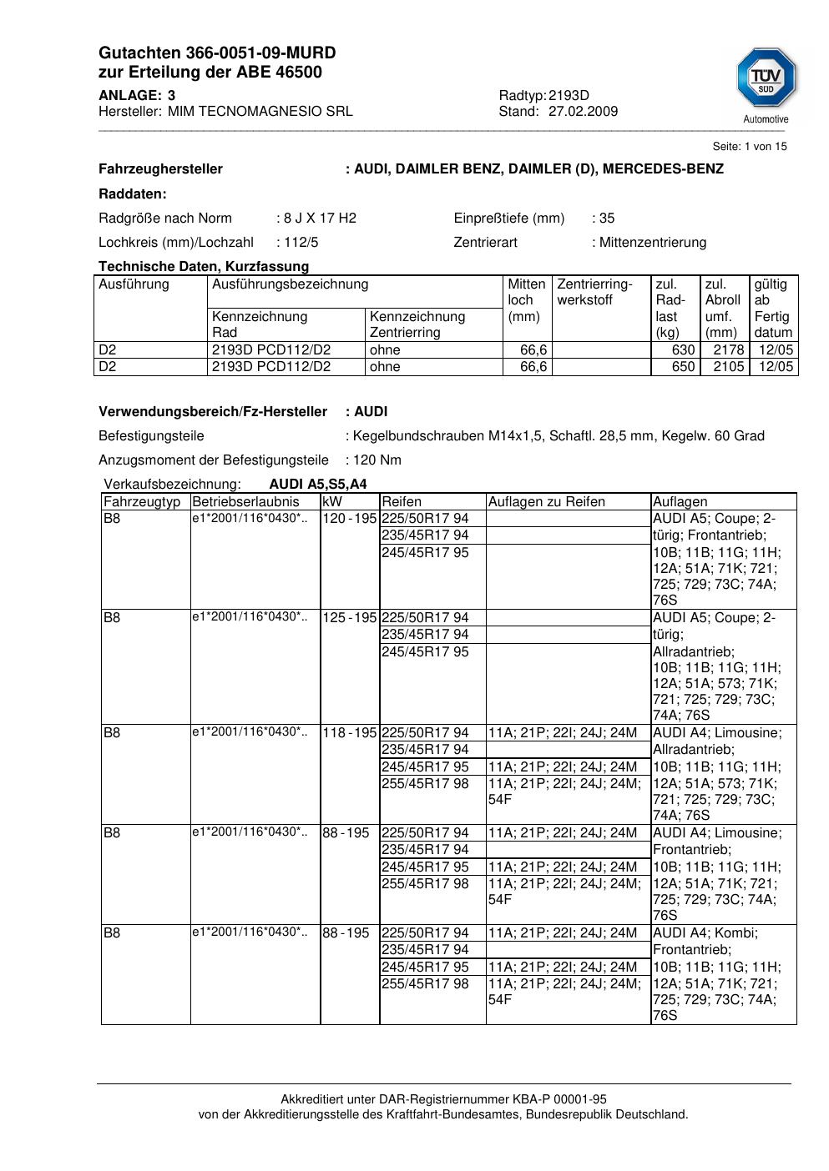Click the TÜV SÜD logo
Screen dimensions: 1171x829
[766, 78]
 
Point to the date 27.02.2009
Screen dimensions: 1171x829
[583, 111]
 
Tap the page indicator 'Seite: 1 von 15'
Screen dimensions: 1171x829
[749, 147]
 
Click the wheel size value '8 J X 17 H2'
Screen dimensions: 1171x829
[320, 219]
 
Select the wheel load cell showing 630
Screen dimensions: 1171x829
[683, 350]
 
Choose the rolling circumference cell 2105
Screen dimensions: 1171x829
[728, 367]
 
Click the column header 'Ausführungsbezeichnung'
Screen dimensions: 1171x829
[291, 284]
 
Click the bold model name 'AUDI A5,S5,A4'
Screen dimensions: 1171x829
[318, 485]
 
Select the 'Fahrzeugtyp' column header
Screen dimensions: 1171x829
[142, 502]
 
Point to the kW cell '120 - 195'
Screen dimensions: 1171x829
[350, 519]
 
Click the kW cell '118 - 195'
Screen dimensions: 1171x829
[350, 733]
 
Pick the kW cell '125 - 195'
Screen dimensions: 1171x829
[350, 618]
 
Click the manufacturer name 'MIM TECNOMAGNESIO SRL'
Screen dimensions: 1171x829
[260, 111]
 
